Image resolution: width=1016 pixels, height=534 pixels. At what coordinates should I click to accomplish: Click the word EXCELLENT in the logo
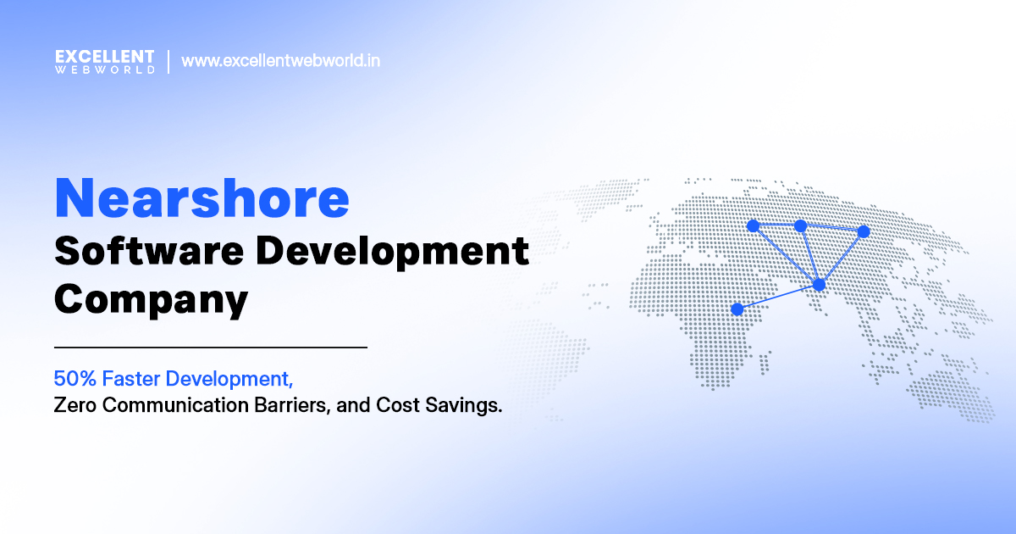[104, 56]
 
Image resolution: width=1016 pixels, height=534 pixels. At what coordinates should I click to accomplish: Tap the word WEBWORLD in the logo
[104, 70]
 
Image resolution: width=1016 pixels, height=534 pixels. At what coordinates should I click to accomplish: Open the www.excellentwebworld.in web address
[280, 62]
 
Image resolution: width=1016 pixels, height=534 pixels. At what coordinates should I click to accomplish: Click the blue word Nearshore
[202, 197]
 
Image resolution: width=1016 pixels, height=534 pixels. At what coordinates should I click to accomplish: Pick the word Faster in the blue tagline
[119, 377]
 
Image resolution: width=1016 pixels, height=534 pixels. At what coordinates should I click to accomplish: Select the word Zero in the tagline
[71, 405]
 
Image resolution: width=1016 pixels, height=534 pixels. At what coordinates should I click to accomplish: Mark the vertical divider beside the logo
[168, 62]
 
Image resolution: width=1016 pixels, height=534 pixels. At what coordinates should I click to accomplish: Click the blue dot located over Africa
[737, 309]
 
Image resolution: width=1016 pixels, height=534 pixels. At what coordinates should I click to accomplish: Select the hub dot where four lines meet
[819, 285]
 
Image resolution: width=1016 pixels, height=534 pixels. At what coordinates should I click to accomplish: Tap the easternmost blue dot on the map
[864, 231]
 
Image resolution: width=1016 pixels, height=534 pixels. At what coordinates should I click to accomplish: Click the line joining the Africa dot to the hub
[778, 297]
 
